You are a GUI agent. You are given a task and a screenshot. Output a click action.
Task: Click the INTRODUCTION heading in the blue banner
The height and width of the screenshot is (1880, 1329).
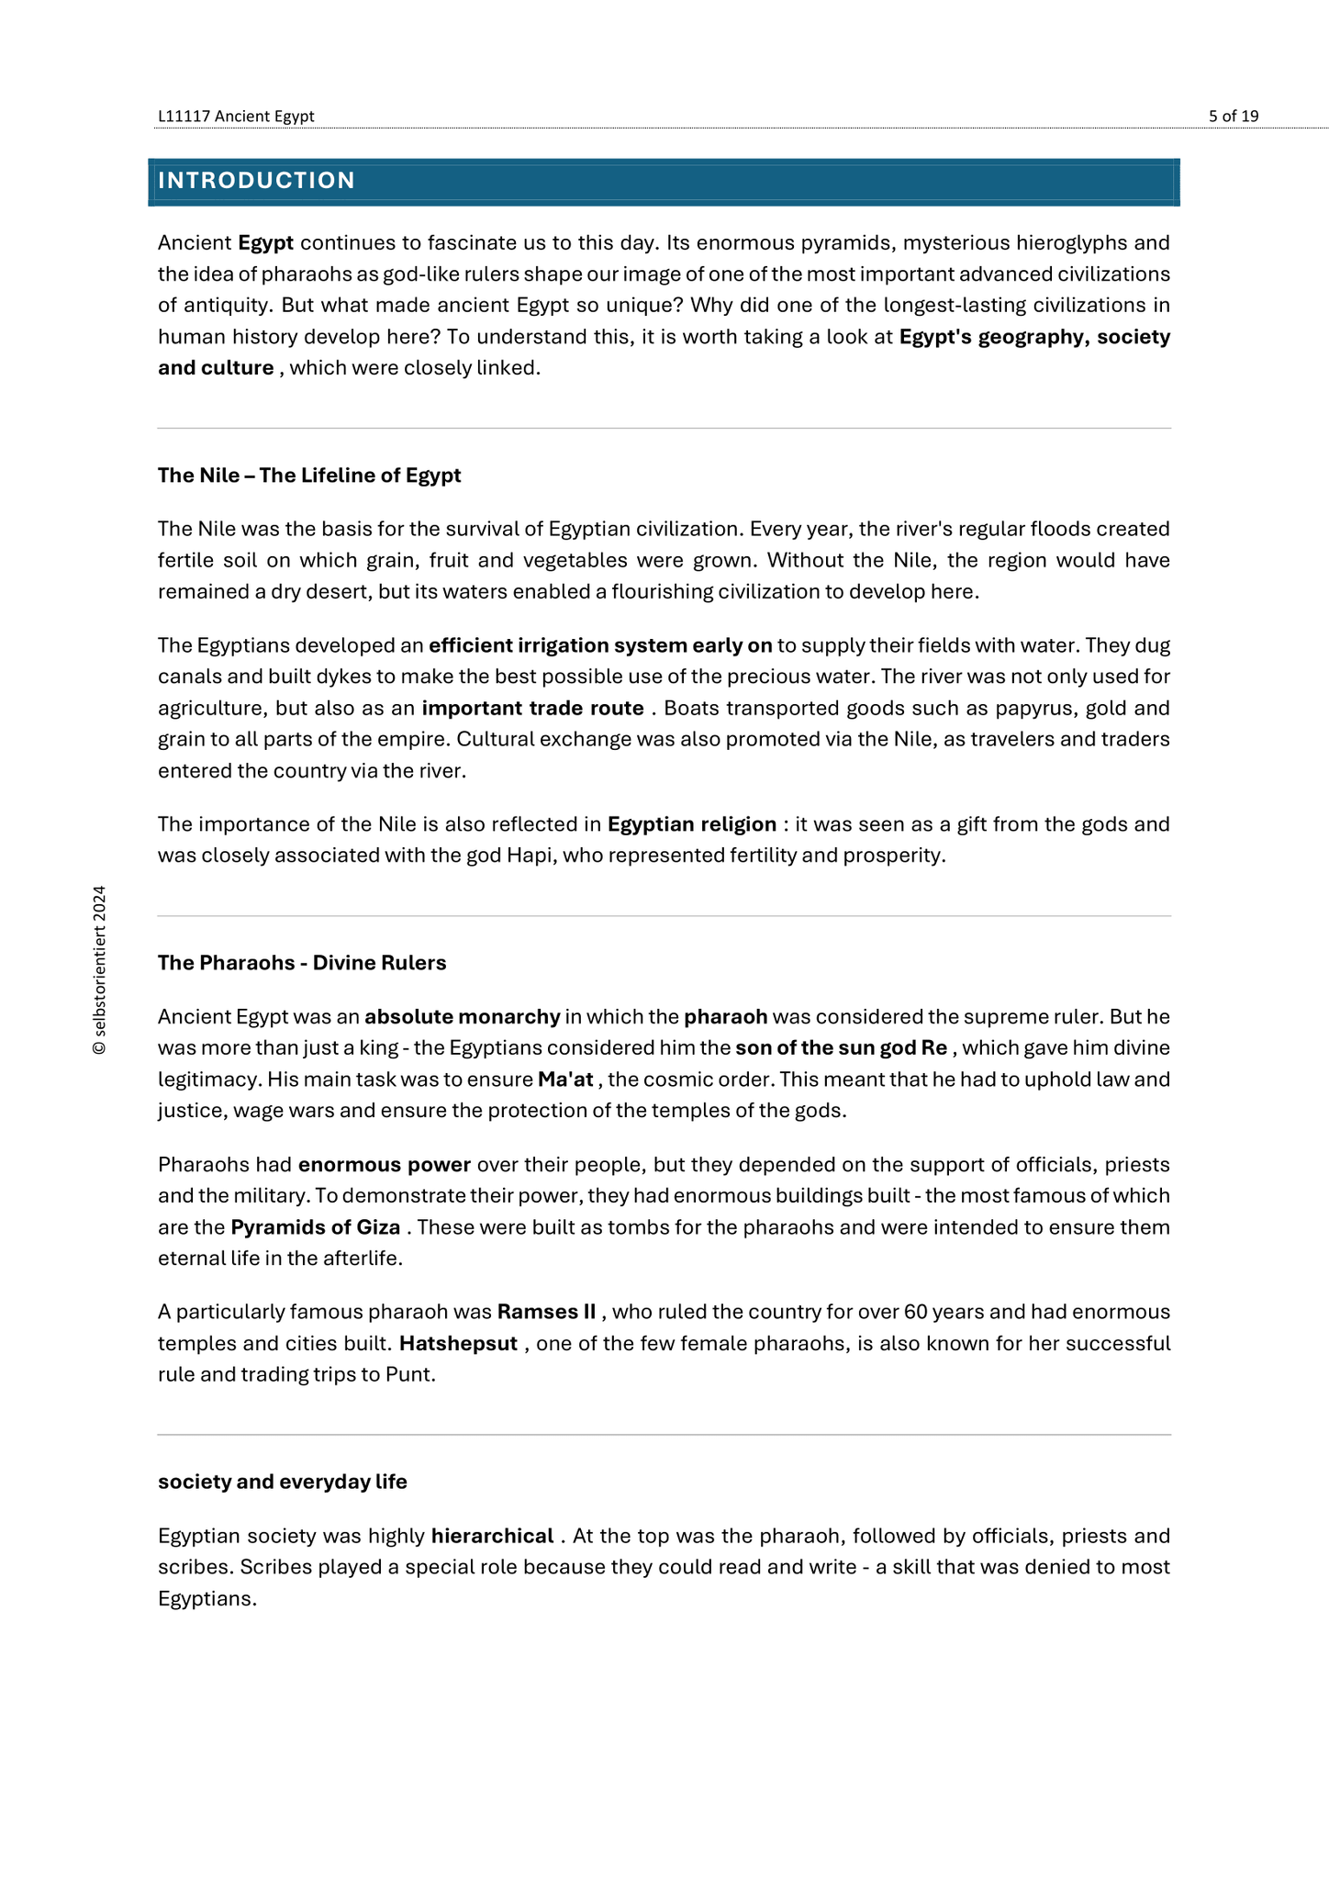256,181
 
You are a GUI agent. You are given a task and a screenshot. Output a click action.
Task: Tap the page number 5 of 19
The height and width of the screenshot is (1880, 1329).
1233,116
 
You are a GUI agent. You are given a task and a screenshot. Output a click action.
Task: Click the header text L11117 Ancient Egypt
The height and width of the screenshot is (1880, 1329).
236,116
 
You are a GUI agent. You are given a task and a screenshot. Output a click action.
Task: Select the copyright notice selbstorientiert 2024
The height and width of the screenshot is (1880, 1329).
99,970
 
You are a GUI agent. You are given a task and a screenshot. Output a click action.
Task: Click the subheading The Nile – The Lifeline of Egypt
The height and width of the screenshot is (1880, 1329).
309,476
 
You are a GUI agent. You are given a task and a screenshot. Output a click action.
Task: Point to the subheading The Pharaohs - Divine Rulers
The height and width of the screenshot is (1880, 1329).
302,963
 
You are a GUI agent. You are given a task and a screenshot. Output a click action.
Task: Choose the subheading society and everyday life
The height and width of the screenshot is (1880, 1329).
283,1482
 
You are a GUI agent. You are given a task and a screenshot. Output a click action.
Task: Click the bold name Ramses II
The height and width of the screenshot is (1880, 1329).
546,1312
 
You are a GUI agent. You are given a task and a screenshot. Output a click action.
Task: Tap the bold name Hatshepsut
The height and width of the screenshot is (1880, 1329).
458,1344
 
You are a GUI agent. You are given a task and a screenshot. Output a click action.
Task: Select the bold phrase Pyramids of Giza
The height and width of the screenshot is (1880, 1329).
315,1227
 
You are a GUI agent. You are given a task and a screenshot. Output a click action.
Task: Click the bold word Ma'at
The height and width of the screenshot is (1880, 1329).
565,1080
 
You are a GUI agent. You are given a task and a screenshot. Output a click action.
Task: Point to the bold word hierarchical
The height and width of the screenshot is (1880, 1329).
492,1536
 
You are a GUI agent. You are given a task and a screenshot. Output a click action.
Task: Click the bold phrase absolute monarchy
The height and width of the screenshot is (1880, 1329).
462,1017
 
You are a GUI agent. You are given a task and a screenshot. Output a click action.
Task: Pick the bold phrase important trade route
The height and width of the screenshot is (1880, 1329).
532,708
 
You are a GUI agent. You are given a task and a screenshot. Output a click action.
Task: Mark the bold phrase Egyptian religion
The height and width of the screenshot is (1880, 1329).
691,824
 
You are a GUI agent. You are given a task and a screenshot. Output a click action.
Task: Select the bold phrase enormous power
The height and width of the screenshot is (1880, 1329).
384,1165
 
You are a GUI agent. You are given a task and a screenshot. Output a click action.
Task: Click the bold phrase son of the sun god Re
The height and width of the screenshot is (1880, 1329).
841,1048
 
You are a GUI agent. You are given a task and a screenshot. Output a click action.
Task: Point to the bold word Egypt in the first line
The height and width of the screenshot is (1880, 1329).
265,243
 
